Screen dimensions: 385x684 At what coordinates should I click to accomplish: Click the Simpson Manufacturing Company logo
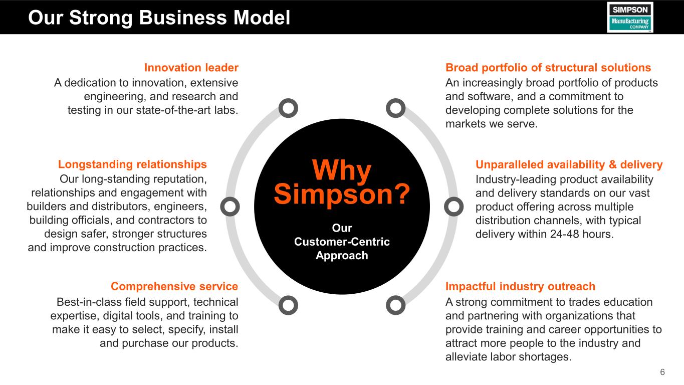pyautogui.click(x=630, y=17)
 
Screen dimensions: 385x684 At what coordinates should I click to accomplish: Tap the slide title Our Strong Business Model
pyautogui.click(x=159, y=18)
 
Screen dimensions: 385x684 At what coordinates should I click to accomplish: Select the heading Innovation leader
pyautogui.click(x=191, y=68)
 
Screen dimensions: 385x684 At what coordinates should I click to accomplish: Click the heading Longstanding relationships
pyautogui.click(x=132, y=164)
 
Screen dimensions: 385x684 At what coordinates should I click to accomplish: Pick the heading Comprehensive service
pyautogui.click(x=174, y=287)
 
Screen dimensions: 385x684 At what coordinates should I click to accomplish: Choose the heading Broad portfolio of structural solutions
pyautogui.click(x=548, y=68)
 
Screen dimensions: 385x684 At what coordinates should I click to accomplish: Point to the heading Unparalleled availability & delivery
pyautogui.click(x=569, y=164)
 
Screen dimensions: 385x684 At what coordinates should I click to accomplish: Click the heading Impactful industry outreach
pyautogui.click(x=520, y=287)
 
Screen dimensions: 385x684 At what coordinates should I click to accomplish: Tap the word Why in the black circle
pyautogui.click(x=342, y=171)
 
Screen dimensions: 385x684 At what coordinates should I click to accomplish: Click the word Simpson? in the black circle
pyautogui.click(x=342, y=194)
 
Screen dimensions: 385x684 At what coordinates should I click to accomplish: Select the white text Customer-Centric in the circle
pyautogui.click(x=342, y=242)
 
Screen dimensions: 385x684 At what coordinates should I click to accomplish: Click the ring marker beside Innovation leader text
pyautogui.click(x=288, y=108)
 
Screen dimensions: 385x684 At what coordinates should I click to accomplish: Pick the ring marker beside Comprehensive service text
pyautogui.click(x=288, y=305)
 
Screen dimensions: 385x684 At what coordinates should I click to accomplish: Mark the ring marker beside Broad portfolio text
pyautogui.click(x=396, y=108)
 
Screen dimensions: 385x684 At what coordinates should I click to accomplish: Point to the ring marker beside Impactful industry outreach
pyautogui.click(x=396, y=305)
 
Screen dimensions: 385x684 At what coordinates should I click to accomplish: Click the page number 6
pyautogui.click(x=662, y=372)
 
